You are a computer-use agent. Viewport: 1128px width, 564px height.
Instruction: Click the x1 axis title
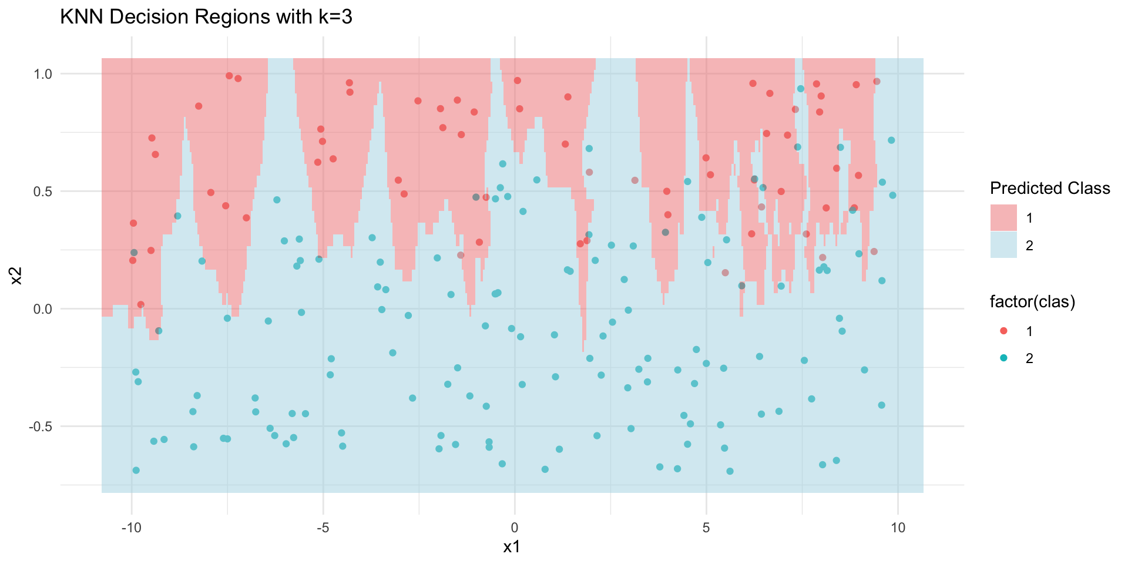pyautogui.click(x=512, y=548)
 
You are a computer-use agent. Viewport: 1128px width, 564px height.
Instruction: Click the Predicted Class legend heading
pyautogui.click(x=1050, y=188)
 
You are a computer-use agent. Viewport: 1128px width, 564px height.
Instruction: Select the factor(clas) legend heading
pyautogui.click(x=1033, y=302)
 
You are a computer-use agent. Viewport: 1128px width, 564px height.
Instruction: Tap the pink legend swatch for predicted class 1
pyautogui.click(x=1003, y=218)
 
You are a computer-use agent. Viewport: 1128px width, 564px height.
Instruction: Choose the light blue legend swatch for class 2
pyautogui.click(x=1003, y=245)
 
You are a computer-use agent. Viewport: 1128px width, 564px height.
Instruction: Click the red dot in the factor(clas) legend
pyautogui.click(x=1003, y=331)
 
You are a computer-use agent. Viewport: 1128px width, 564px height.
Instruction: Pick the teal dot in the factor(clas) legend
pyautogui.click(x=1003, y=358)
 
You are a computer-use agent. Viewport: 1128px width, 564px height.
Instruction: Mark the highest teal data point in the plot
pyautogui.click(x=800, y=89)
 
